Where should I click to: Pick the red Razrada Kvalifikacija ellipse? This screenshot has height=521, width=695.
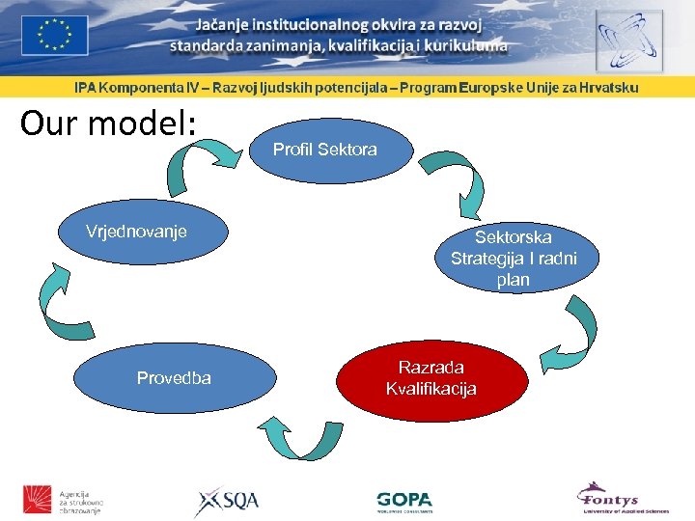(x=431, y=377)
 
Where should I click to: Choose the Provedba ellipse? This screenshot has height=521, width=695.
(x=174, y=377)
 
